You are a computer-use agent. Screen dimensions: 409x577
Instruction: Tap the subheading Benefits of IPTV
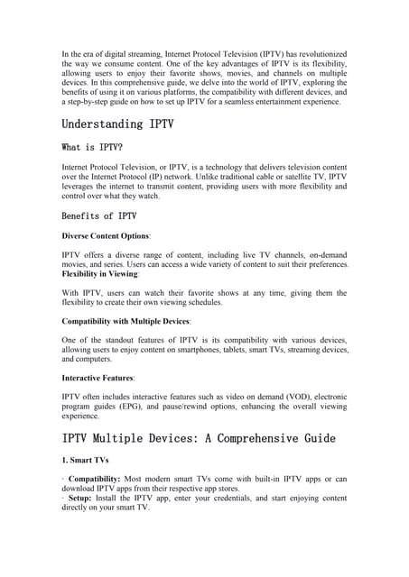(99, 215)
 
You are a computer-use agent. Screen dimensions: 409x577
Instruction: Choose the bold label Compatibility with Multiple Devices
(125, 321)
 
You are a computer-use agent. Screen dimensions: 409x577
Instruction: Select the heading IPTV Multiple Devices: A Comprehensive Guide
(199, 438)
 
